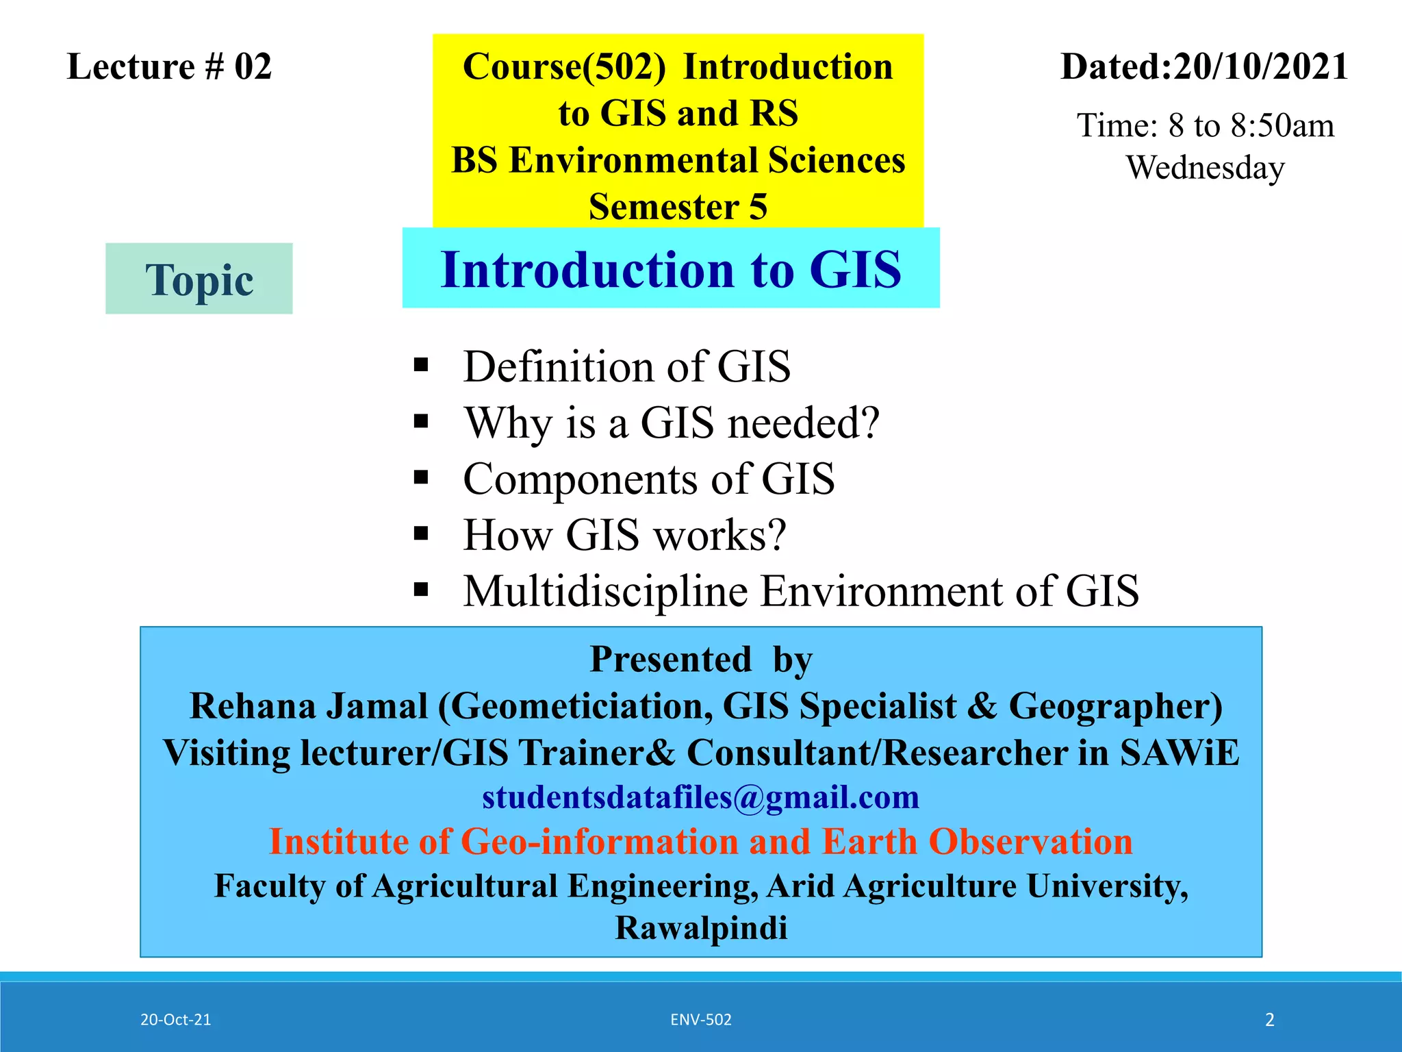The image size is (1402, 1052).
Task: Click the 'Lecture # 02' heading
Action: click(x=169, y=67)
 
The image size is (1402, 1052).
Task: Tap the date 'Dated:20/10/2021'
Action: click(x=1204, y=67)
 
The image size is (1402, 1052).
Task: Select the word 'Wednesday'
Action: click(x=1205, y=168)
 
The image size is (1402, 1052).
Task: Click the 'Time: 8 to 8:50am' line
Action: click(x=1205, y=126)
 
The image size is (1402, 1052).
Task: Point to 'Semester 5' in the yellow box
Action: click(x=678, y=207)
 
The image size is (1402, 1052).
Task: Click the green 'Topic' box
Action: click(x=199, y=279)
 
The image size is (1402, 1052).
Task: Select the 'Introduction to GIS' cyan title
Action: click(x=671, y=269)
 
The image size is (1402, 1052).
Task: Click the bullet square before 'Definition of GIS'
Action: click(x=421, y=364)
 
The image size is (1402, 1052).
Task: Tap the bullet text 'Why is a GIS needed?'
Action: click(x=671, y=423)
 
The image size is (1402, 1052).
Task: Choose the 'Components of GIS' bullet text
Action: click(x=648, y=479)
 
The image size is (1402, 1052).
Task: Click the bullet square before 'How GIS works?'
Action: click(x=421, y=533)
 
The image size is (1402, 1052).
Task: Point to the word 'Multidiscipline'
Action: click(x=605, y=590)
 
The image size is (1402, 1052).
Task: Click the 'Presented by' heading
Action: click(x=700, y=660)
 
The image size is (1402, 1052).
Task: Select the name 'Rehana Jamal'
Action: click(x=308, y=706)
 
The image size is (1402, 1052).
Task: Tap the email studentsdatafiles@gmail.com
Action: click(x=700, y=797)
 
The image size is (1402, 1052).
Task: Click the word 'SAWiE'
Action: click(x=1179, y=753)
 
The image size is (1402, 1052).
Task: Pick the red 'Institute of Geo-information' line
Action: click(x=700, y=842)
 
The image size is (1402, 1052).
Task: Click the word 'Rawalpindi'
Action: click(x=700, y=929)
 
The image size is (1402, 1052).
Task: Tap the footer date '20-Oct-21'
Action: click(x=175, y=1020)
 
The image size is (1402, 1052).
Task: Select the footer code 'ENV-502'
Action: click(x=700, y=1020)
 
